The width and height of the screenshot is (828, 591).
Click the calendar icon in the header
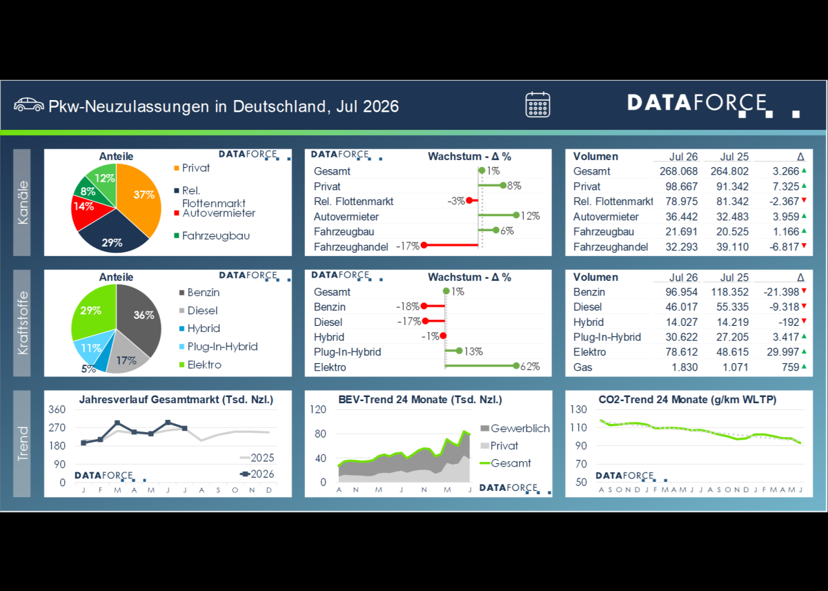coord(538,105)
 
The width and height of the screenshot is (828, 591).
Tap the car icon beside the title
coord(29,105)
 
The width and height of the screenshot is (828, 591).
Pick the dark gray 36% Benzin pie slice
coord(141,318)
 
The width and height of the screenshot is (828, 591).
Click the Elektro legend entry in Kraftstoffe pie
coord(200,365)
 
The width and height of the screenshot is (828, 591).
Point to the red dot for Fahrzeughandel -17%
coord(424,245)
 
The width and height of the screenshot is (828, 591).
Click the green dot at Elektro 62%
coord(516,366)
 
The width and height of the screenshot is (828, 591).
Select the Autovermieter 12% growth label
coord(531,216)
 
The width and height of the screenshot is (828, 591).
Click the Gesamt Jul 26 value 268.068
coord(679,172)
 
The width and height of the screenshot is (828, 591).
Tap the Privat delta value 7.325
coord(786,186)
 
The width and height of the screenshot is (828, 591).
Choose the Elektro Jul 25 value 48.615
coord(732,352)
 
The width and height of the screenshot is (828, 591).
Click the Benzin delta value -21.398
coord(781,292)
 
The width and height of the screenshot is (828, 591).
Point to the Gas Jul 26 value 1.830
coord(684,367)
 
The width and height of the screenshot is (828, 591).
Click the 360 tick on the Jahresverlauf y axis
coord(57,409)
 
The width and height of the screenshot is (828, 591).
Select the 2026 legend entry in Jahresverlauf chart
coord(257,474)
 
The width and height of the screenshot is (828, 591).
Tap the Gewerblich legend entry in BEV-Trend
coord(515,429)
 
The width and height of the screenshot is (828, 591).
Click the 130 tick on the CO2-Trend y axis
coord(578,409)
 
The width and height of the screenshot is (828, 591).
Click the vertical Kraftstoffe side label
coord(22,323)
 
